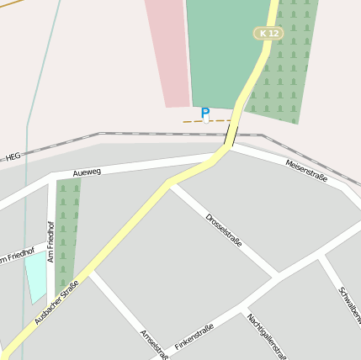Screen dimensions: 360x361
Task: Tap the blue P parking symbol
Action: click(x=205, y=112)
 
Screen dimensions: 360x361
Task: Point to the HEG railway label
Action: click(x=13, y=156)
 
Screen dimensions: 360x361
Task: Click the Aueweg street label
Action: click(x=87, y=172)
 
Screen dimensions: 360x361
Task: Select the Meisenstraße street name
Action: click(x=305, y=171)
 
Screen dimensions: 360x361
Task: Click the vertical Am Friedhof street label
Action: click(x=50, y=241)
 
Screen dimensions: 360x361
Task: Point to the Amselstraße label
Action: click(x=154, y=343)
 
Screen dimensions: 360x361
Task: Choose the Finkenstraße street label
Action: click(x=194, y=336)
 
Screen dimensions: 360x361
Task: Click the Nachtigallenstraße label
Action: click(x=267, y=336)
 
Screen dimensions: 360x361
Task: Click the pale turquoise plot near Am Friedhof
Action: click(x=36, y=276)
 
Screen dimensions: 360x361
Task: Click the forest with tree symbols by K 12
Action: click(x=286, y=76)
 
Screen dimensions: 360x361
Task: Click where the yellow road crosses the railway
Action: click(x=233, y=135)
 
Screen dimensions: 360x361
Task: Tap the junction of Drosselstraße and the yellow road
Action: click(x=170, y=183)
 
